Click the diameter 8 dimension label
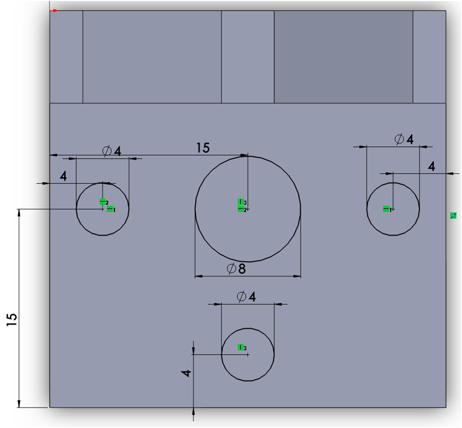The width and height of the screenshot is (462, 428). point(236,269)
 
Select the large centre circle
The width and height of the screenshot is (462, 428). point(195,209)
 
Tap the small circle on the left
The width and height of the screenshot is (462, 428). point(76,209)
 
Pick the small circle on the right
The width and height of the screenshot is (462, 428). point(367,209)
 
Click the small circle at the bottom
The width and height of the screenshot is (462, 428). point(221,354)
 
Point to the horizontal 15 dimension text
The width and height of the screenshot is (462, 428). point(203,148)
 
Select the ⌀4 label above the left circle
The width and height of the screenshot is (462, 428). point(112,151)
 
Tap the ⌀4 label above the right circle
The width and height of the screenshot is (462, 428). point(404,139)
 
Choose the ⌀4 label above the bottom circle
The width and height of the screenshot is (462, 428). point(246,297)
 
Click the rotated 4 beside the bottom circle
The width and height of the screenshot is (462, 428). point(186,373)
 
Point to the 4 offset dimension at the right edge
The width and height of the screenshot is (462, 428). point(431,167)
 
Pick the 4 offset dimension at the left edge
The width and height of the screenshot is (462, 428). point(63,176)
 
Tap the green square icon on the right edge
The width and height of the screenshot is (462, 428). point(453,216)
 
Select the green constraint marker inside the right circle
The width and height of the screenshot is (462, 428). point(386,209)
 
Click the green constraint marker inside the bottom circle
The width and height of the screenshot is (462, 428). point(241,347)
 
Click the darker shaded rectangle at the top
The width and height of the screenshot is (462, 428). point(344,57)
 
